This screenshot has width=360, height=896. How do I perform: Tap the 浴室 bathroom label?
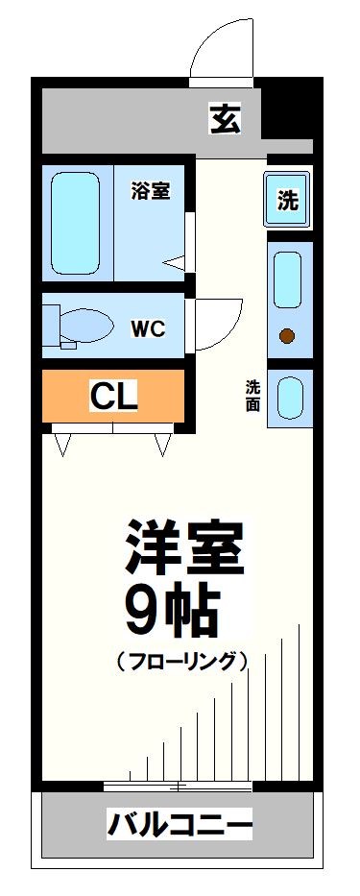pos(151,190)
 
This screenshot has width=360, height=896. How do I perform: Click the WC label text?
pos(149,328)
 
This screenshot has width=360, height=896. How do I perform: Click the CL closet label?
pos(113,394)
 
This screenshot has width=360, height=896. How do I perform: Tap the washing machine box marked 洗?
pos(288,201)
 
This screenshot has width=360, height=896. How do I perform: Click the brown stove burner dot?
pos(286,335)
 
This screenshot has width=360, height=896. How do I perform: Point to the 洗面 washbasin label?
pos(252,397)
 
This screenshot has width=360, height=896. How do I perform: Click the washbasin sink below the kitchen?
pos(288,397)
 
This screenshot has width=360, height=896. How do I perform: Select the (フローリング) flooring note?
pos(182,662)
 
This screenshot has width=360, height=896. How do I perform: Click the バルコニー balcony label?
pos(180,825)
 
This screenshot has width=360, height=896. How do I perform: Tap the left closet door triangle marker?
pos(65,444)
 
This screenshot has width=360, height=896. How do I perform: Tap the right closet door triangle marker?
pos(161,444)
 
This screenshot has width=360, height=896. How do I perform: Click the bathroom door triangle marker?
pos(175,261)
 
